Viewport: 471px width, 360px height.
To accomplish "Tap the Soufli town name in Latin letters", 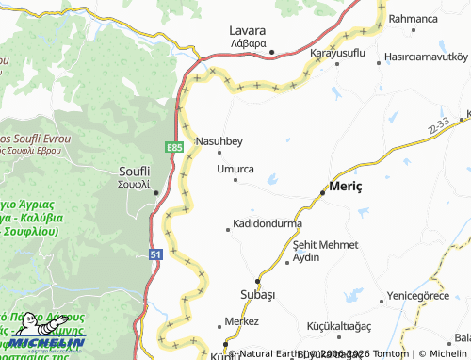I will coord(132,170).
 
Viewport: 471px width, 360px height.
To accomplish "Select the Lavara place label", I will coord(248,29).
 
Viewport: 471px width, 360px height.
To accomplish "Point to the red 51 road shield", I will coord(155,254).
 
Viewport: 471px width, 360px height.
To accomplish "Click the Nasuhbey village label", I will coord(219,141).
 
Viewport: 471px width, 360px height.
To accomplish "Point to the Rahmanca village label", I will coord(413,18).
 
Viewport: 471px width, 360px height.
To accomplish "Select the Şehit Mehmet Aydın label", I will coord(325,251).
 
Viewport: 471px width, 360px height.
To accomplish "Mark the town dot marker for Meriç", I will coord(323,191).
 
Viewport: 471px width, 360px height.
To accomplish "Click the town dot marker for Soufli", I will coord(155,193).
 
